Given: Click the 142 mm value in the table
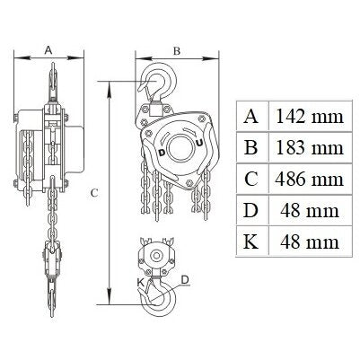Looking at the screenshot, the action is point(309,116).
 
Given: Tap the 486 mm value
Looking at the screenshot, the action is point(309,179).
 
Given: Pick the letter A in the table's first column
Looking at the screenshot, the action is point(250,116).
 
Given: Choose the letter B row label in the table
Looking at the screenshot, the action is point(250,147).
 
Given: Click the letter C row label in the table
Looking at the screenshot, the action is point(250,179).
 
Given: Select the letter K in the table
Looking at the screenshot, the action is point(250,241).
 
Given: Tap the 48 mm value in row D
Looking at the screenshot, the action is point(310,210).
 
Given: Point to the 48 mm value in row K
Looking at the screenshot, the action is point(310,241).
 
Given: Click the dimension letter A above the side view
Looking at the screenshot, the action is point(48,50).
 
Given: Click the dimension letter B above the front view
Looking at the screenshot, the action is point(177,51).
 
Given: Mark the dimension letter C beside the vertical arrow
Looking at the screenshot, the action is point(94,193).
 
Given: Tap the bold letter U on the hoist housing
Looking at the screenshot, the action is point(199,143).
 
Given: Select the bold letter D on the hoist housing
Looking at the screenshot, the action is point(162,153).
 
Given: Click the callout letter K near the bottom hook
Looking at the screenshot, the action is point(141,282).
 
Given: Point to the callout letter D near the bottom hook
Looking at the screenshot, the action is point(185,280).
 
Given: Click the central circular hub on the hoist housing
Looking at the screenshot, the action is point(179,148).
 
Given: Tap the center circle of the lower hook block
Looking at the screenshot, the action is point(155,256).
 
